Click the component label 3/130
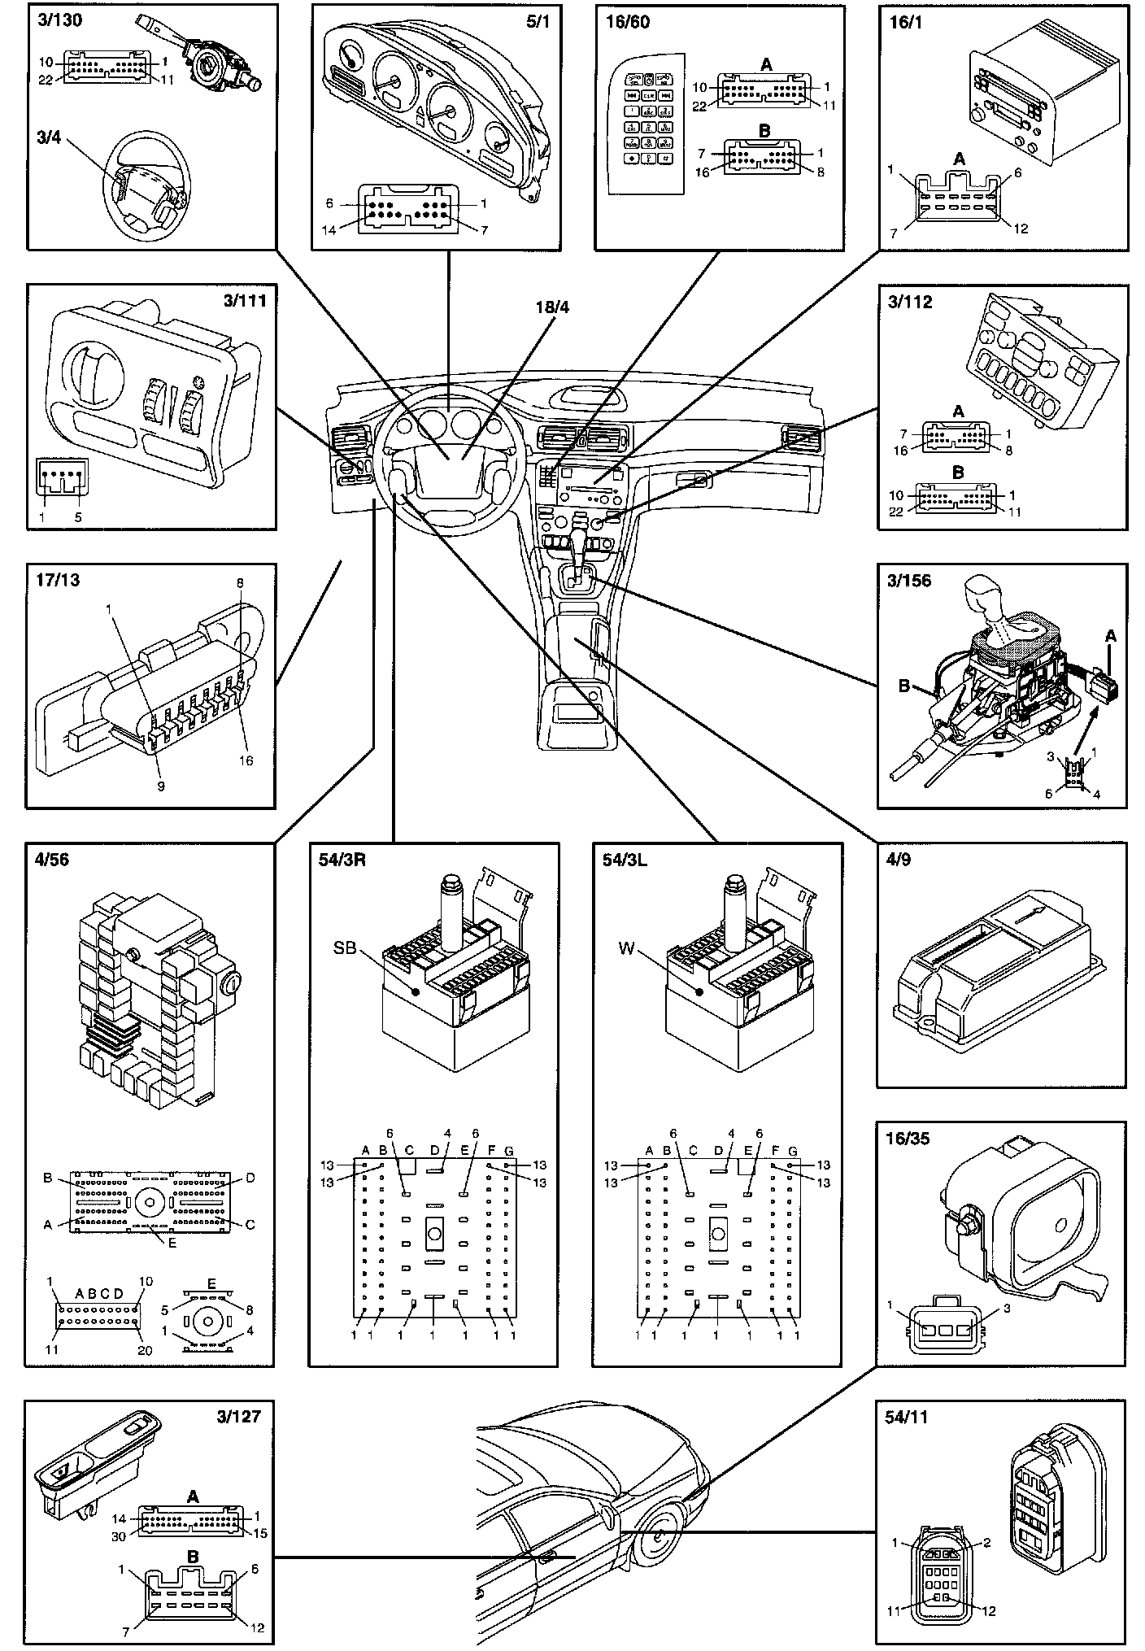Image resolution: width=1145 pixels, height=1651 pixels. pos(59,21)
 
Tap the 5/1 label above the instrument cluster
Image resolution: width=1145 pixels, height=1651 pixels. pos(539,21)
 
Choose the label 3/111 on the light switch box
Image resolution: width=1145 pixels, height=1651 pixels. pos(245,301)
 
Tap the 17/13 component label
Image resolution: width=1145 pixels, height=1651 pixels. pos(59,581)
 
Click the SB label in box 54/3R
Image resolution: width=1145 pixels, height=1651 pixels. pos(346,947)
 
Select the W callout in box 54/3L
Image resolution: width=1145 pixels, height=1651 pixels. pos(626,947)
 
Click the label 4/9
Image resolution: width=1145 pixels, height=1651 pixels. pos(898,860)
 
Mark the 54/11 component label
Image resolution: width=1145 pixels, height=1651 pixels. pos(905,1418)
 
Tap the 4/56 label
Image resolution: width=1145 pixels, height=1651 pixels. pos(54,860)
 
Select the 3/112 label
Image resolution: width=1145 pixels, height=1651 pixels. pos(910,303)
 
